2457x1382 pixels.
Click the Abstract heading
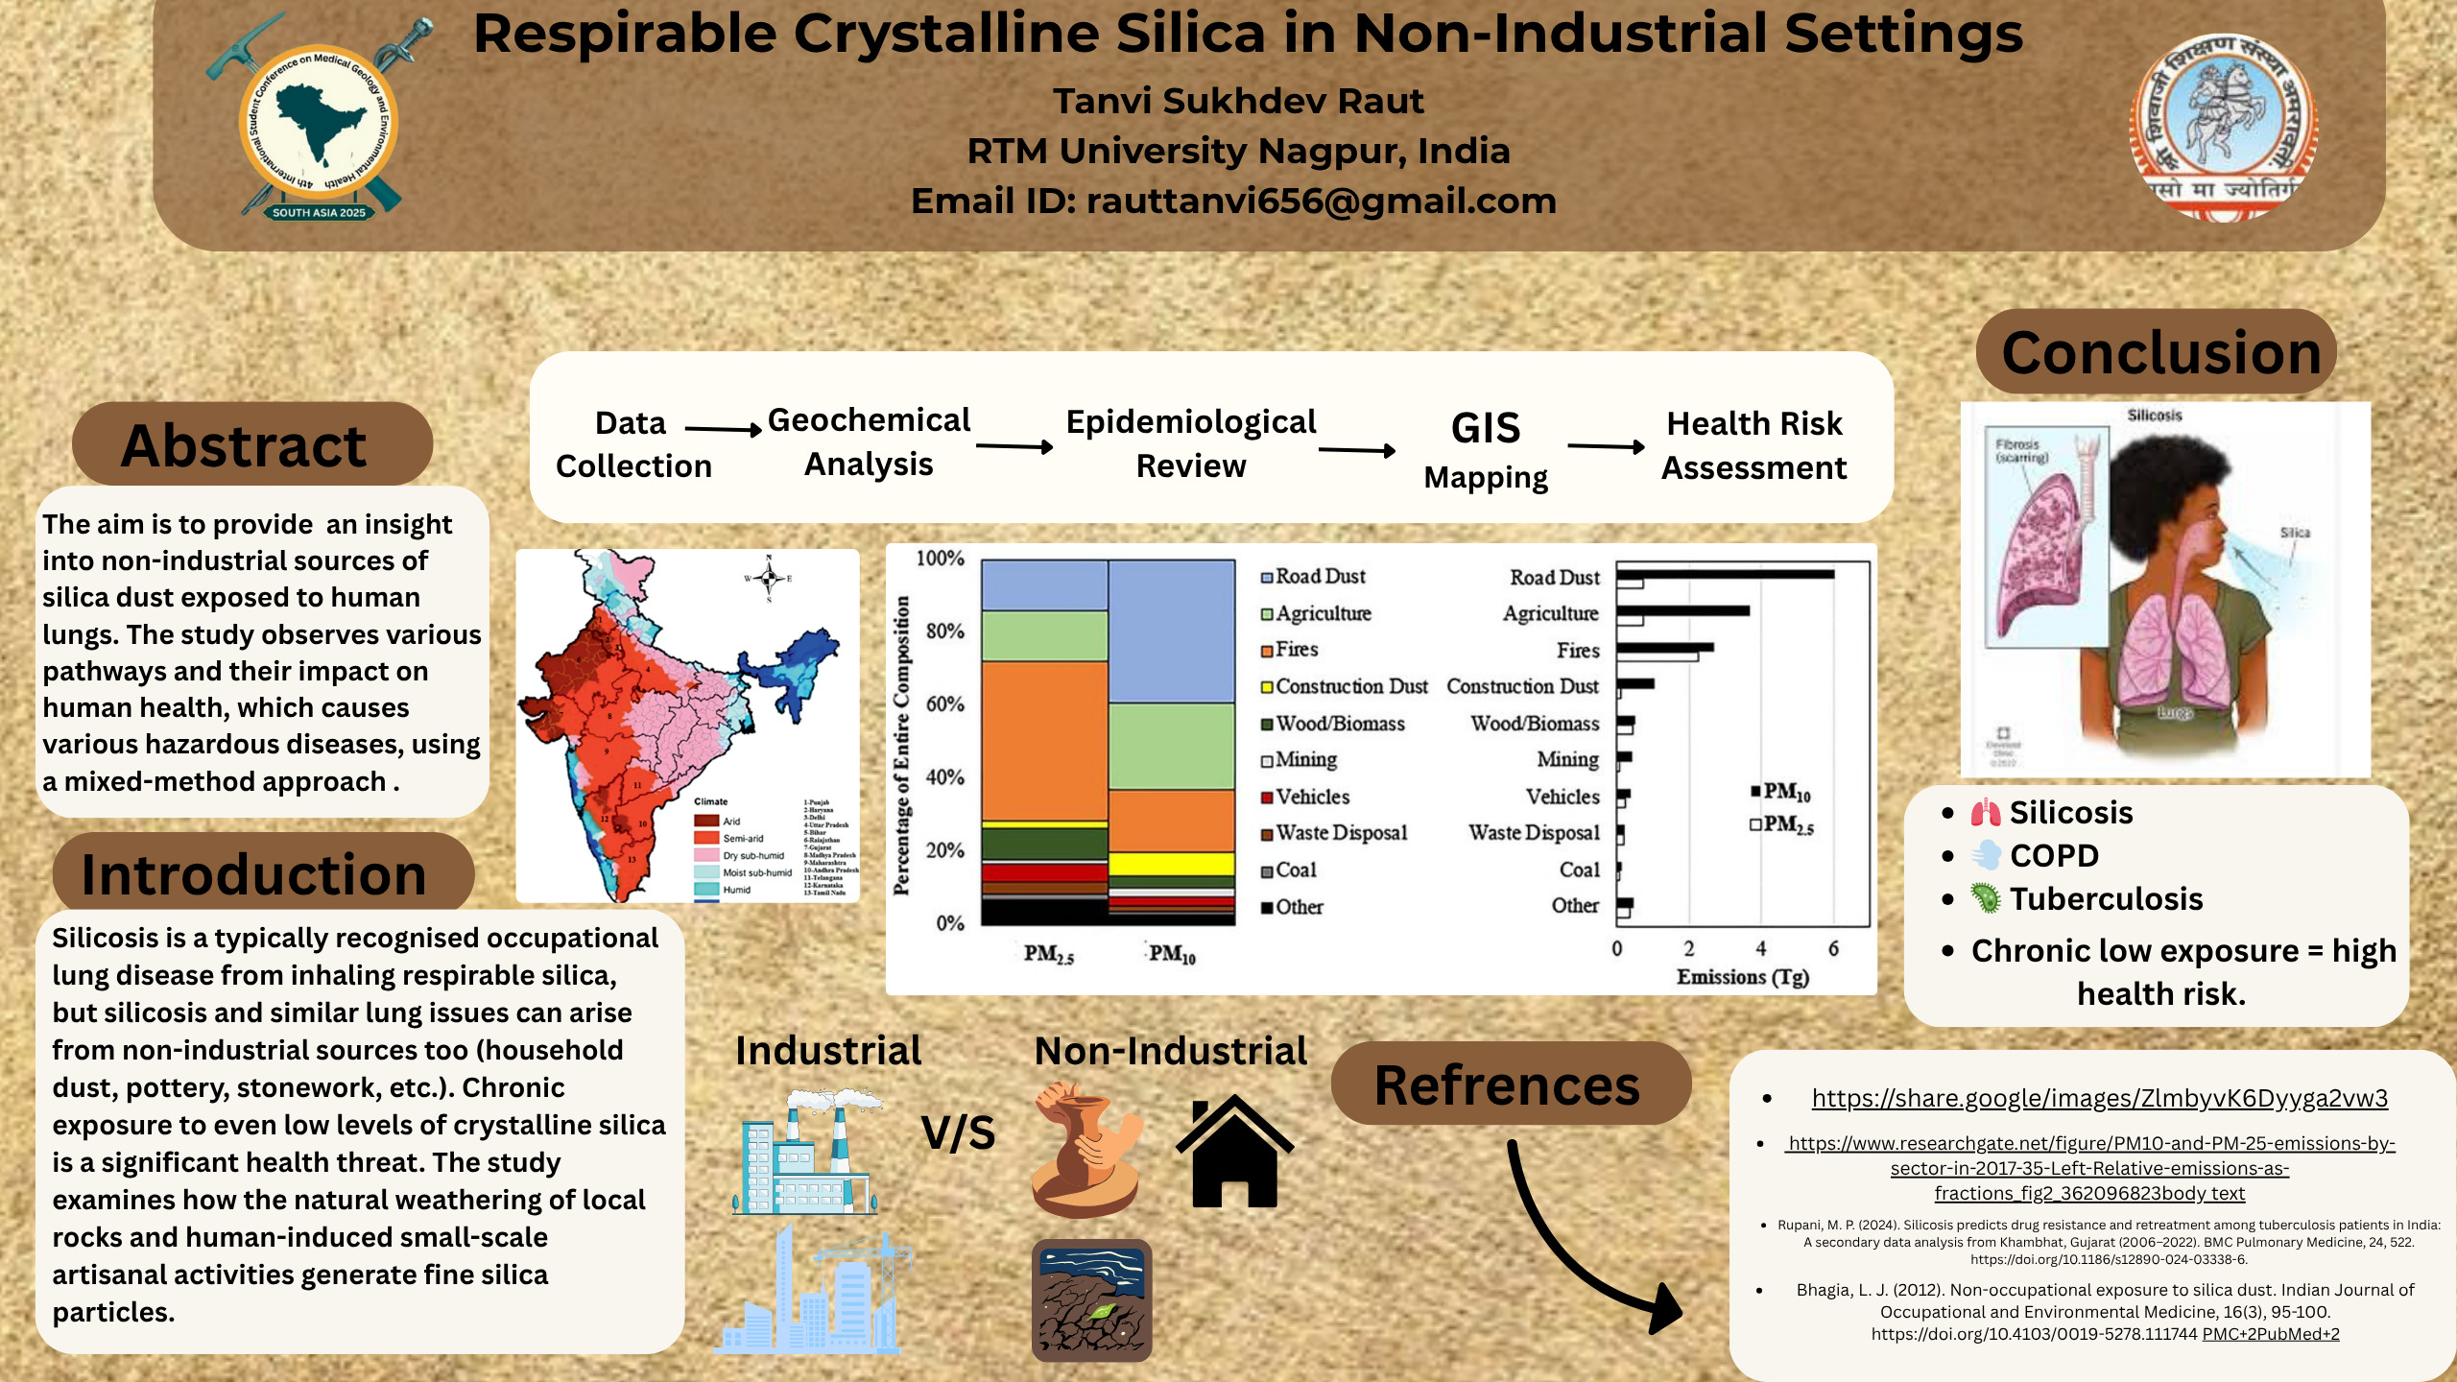tap(244, 445)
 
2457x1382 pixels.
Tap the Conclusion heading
tap(2160, 352)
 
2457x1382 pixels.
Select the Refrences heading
tap(1507, 1085)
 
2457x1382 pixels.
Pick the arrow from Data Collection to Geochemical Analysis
tap(723, 430)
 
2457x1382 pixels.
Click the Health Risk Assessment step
tap(1753, 445)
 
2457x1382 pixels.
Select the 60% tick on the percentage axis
tap(944, 704)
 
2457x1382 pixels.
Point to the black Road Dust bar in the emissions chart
tap(1725, 574)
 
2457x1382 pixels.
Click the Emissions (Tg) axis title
tap(1742, 977)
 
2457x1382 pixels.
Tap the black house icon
tap(1234, 1152)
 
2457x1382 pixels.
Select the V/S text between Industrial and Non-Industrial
tap(958, 1133)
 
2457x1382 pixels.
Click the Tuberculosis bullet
tap(2106, 899)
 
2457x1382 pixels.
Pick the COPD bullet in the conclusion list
tap(2054, 856)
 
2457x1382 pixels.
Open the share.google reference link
tap(2099, 1098)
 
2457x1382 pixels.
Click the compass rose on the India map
tap(769, 578)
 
